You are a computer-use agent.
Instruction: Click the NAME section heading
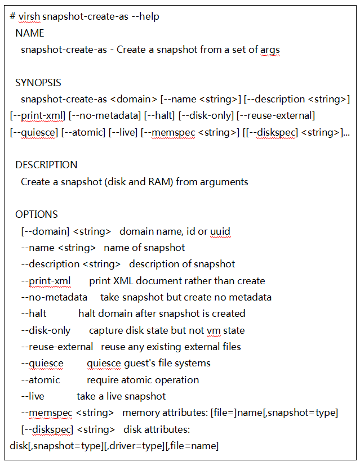pos(29,33)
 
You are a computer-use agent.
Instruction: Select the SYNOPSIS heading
pos(38,83)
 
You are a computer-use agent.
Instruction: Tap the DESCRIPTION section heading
pos(46,165)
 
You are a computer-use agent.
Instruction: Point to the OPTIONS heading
pos(36,214)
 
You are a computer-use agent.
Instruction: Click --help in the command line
pos(145,16)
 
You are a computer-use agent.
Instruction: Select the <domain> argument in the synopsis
pos(134,99)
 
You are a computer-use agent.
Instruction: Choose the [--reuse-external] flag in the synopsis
pos(275,115)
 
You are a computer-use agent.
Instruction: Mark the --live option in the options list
pos(33,396)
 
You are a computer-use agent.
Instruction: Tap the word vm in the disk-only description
pos(213,330)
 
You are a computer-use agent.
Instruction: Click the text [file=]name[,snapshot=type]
pos(274,413)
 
